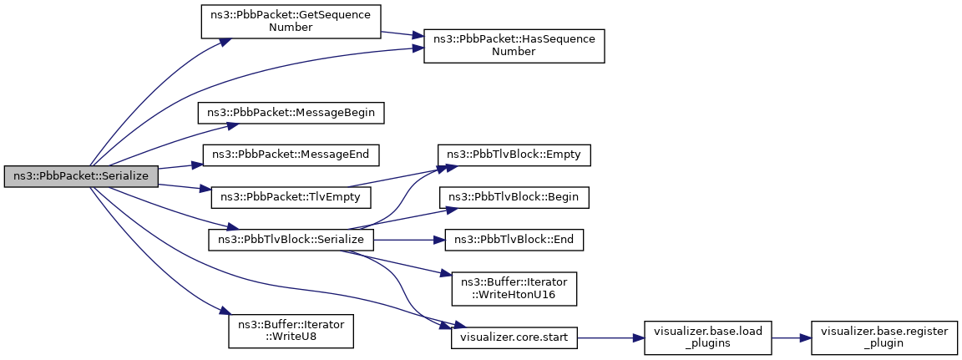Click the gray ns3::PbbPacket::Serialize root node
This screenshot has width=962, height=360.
[x=81, y=176]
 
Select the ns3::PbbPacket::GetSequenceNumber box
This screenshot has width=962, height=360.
[x=291, y=22]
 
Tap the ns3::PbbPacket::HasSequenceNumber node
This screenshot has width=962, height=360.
[x=514, y=45]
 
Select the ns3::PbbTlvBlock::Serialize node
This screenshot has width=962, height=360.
[x=291, y=239]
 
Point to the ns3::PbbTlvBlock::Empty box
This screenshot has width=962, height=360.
[x=514, y=155]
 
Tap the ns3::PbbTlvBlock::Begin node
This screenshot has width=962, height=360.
[x=514, y=197]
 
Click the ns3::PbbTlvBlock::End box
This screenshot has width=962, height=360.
[x=514, y=239]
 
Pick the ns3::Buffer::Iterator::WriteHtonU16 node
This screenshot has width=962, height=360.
[x=514, y=289]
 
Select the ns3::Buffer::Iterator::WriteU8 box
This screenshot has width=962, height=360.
[x=291, y=331]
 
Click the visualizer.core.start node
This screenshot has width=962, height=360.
[x=514, y=337]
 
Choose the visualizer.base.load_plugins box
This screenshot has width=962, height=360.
[x=707, y=337]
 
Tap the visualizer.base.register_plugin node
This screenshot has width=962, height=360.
[x=884, y=337]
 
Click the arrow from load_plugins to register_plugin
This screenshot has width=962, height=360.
[x=791, y=337]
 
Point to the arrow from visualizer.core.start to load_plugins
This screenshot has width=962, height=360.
[x=610, y=337]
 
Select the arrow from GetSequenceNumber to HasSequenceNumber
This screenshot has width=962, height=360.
[x=403, y=34]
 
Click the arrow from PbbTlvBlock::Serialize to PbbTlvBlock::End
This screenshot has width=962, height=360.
[x=409, y=239]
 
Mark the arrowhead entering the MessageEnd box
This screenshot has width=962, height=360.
[x=199, y=163]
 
